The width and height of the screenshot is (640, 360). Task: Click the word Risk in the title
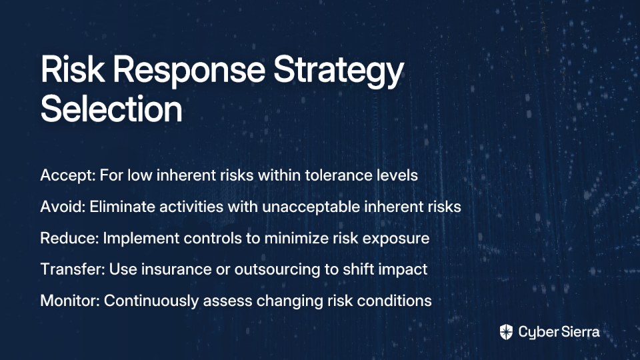(x=72, y=69)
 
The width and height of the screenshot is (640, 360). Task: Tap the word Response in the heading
(x=189, y=70)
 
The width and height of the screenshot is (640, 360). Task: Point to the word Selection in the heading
(x=111, y=109)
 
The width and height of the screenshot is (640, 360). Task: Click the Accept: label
(x=68, y=176)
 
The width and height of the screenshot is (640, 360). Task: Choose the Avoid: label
(x=63, y=207)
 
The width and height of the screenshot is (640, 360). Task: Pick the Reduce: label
(x=69, y=238)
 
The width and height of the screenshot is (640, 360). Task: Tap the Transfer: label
(x=73, y=269)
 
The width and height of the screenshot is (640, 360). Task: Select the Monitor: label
(x=70, y=301)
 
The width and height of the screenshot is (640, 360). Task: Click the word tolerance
(x=339, y=175)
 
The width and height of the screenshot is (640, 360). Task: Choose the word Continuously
(x=151, y=301)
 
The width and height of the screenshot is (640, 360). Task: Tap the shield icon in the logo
(x=506, y=332)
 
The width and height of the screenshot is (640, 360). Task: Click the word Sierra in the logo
(x=579, y=332)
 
